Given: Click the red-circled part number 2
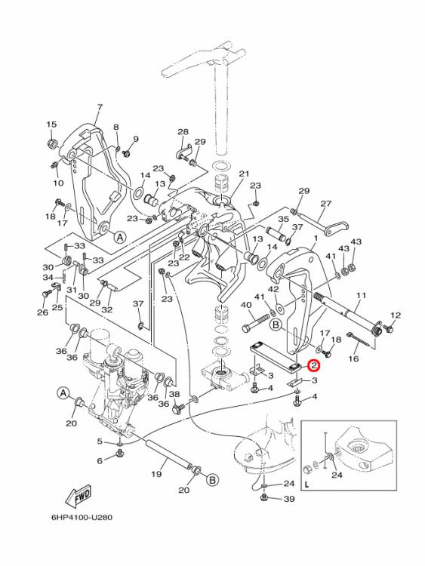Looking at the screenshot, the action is pos(314,366).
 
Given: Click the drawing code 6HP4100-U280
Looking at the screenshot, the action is pos(82,518).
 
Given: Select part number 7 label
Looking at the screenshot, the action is pos(100,107).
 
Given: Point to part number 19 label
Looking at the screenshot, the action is pos(156,473).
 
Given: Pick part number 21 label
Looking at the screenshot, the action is pos(245,174).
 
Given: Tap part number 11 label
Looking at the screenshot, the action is pos(361,296).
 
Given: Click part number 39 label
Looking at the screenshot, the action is pos(289,499).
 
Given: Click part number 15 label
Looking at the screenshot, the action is pos(51,125).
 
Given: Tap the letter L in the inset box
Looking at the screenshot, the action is pos(307,485).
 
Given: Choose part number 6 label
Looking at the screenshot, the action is pos(100,460).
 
